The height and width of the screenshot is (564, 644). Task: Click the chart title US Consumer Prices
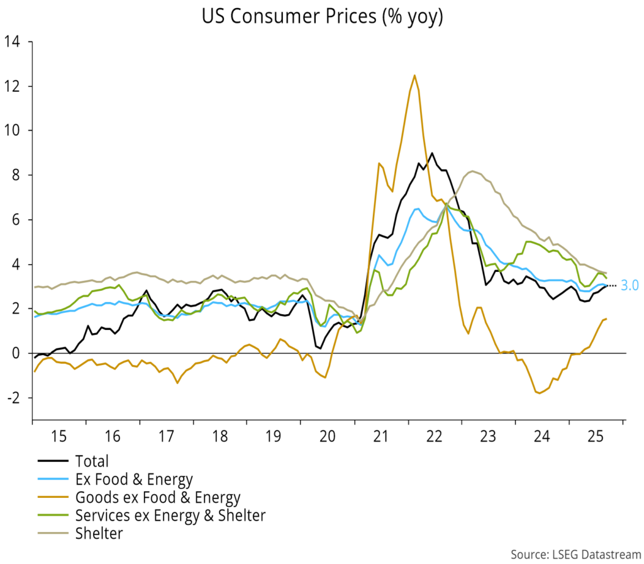pyautogui.click(x=322, y=17)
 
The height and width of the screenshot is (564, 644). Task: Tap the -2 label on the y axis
pyautogui.click(x=14, y=398)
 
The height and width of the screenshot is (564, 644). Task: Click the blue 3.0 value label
pyautogui.click(x=630, y=285)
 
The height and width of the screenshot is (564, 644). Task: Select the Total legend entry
pyautogui.click(x=92, y=461)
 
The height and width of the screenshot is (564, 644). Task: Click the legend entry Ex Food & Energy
pyautogui.click(x=133, y=480)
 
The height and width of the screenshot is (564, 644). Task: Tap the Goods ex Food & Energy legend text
pyautogui.click(x=157, y=498)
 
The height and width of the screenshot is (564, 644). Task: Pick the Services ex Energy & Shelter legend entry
pyautogui.click(x=170, y=516)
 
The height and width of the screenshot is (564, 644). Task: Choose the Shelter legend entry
pyautogui.click(x=99, y=534)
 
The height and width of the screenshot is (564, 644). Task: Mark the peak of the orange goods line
pyautogui.click(x=414, y=76)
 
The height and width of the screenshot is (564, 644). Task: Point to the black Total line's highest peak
pyautogui.click(x=431, y=153)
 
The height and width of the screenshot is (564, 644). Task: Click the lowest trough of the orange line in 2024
pyautogui.click(x=539, y=393)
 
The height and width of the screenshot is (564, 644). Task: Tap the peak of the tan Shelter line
pyautogui.click(x=472, y=171)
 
